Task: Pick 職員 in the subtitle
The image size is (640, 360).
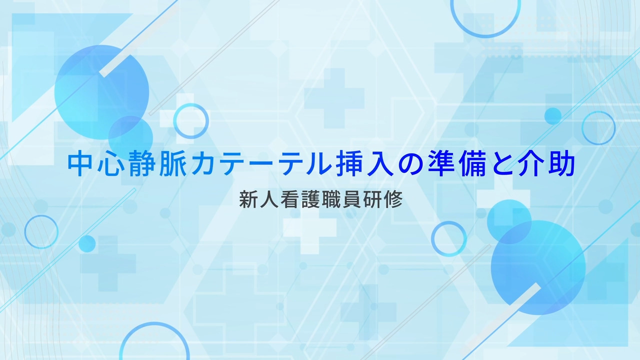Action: pos(341,199)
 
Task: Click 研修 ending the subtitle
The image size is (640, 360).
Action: pos(383,199)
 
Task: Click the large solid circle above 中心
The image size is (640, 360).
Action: pos(101,92)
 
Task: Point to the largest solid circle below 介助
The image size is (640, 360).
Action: pos(538,267)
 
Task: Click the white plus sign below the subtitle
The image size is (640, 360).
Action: pos(309,232)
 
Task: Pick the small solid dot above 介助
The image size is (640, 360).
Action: pos(553,116)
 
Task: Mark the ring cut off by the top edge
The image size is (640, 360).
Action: pos(485,36)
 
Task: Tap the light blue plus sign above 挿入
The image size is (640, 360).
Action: pos(334,98)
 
